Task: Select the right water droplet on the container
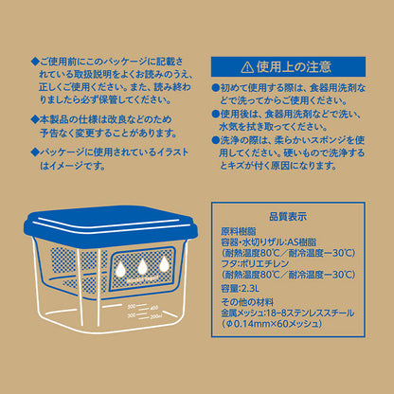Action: coord(168,262)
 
